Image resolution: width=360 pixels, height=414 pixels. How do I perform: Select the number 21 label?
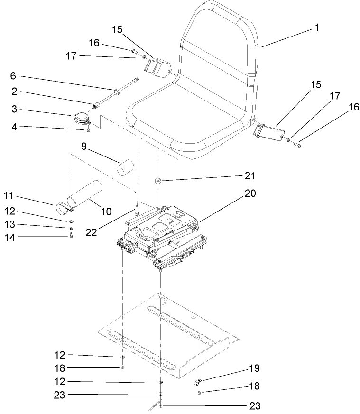click(x=249, y=176)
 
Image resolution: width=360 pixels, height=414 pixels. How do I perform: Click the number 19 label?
click(x=254, y=368)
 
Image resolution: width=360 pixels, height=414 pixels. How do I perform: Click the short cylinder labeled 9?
click(x=127, y=168)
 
